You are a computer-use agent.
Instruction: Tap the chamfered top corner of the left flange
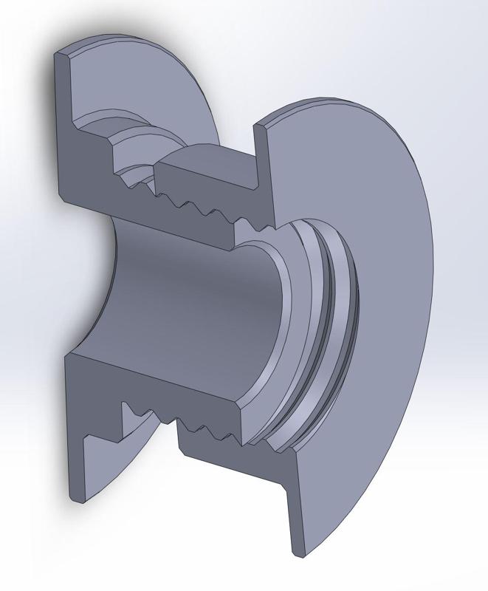point(64,53)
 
